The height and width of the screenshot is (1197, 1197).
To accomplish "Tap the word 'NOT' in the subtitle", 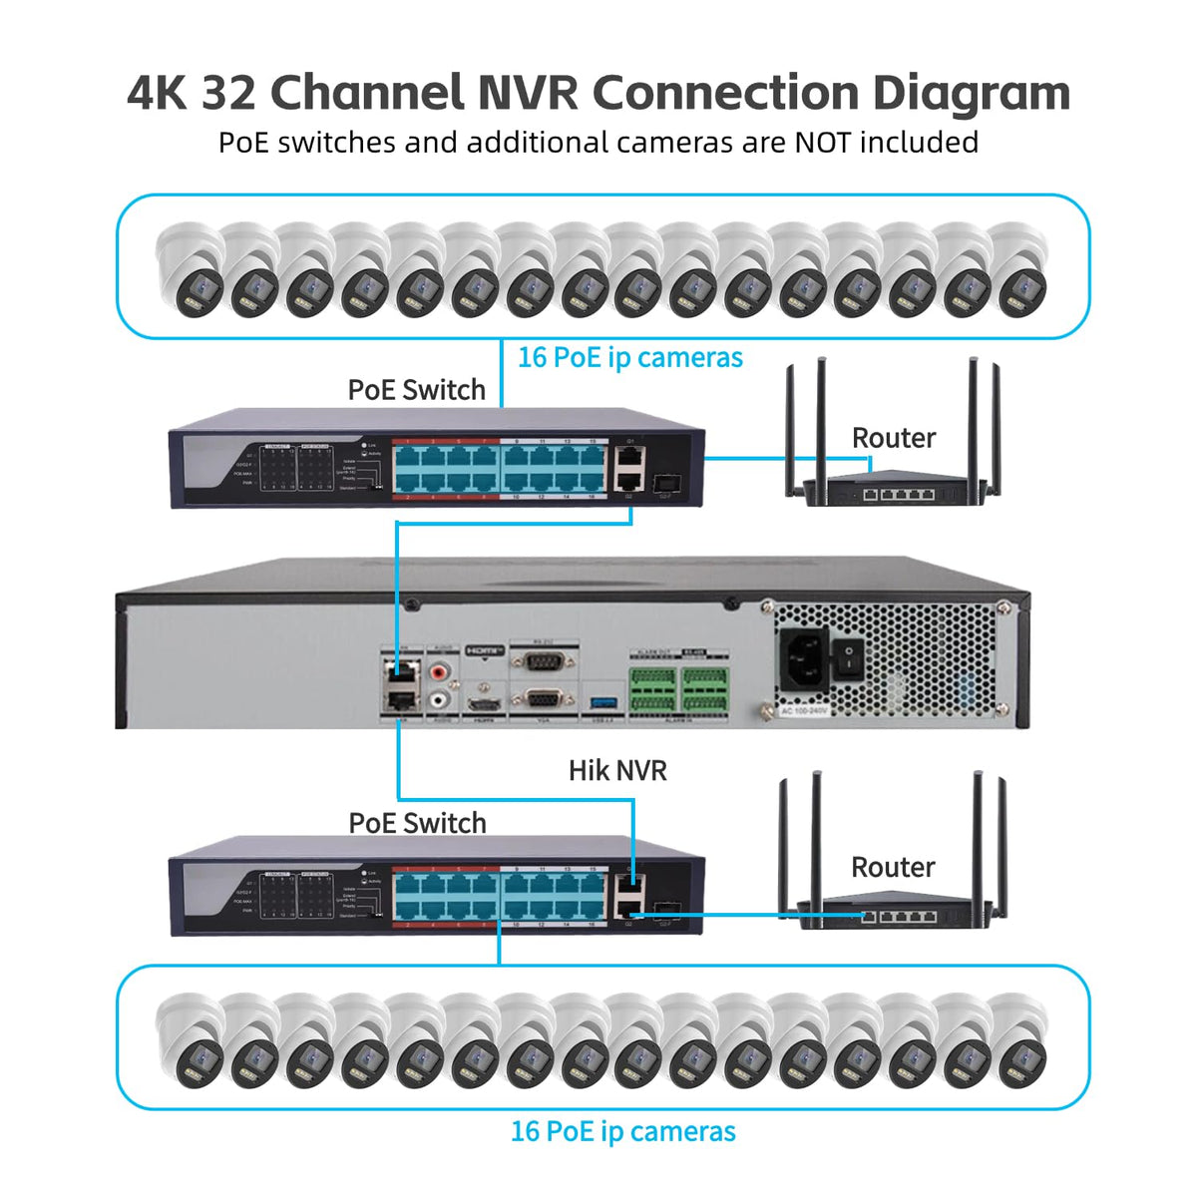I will click(x=823, y=143).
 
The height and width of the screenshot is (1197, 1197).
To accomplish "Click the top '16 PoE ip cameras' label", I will click(x=629, y=357).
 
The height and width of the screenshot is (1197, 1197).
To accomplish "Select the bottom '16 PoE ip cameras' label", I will click(x=622, y=1131).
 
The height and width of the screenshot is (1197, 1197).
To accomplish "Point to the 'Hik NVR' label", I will click(x=617, y=770).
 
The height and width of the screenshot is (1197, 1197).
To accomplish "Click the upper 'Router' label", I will click(x=893, y=438).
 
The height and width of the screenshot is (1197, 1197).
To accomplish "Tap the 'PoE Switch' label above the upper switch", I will click(x=416, y=390).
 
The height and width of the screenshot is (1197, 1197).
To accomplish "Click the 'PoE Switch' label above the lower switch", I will click(x=417, y=823).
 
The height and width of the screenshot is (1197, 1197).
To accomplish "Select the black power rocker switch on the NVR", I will click(x=848, y=657).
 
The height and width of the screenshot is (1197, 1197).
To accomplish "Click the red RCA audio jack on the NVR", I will click(x=441, y=672).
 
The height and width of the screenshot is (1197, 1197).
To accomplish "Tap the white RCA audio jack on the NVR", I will click(x=441, y=700).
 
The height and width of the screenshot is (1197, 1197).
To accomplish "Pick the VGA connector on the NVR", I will click(x=542, y=698).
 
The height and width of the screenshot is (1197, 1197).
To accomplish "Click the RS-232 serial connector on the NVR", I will click(x=542, y=660).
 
